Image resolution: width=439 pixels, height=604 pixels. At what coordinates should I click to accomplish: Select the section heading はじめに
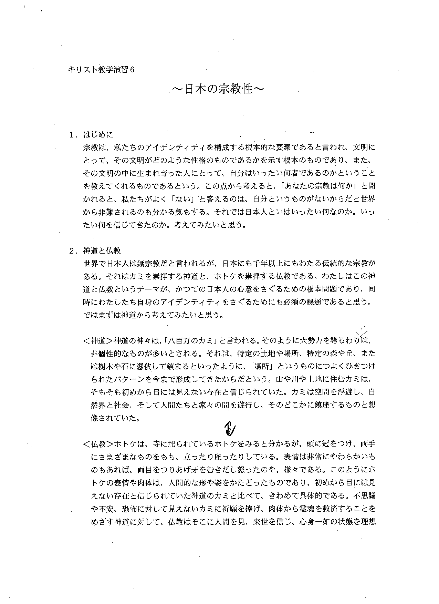click(98, 135)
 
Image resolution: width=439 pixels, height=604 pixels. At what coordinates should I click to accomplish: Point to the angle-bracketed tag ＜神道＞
click(98, 341)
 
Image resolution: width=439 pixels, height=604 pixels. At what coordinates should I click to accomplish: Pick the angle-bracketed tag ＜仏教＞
click(98, 443)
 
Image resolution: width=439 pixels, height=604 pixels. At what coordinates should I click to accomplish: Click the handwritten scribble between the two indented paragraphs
click(229, 428)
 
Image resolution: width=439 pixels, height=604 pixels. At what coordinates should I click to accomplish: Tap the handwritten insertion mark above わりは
click(363, 330)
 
